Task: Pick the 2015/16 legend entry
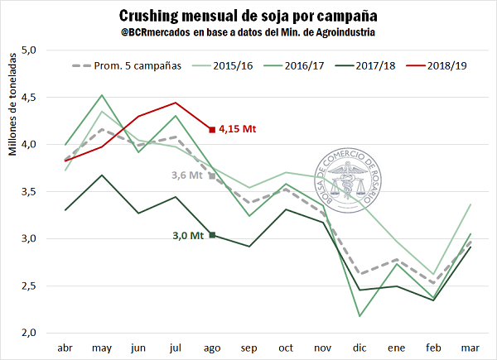tap(234, 65)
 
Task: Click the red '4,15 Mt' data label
tap(240, 129)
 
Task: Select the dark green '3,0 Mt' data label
tap(188, 235)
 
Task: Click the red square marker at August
tap(213, 129)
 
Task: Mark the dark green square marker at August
tap(213, 235)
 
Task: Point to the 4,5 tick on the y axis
tap(30, 97)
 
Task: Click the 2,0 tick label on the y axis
tap(30, 333)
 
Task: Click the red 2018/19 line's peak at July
tap(176, 103)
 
